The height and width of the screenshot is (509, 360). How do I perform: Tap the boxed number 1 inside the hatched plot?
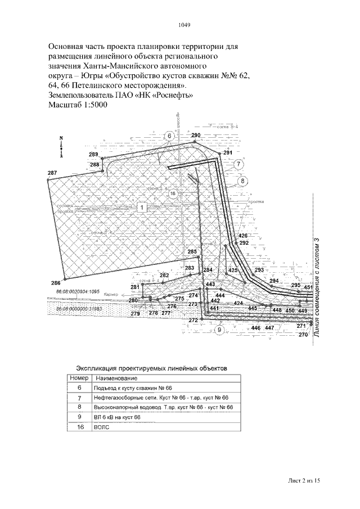142,208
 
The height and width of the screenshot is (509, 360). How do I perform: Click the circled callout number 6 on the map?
170,136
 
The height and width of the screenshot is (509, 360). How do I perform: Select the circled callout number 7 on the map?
238,164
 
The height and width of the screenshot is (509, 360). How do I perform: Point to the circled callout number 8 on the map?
242,181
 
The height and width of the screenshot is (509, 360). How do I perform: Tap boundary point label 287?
52,173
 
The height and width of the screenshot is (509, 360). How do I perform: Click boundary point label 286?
55,282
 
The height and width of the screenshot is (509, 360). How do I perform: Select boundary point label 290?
196,136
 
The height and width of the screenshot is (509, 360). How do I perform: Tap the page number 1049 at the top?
184,25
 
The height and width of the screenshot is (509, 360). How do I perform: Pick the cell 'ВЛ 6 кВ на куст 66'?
116,417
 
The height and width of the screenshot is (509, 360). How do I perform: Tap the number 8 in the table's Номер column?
79,407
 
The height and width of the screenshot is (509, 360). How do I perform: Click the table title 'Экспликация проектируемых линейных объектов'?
152,368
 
